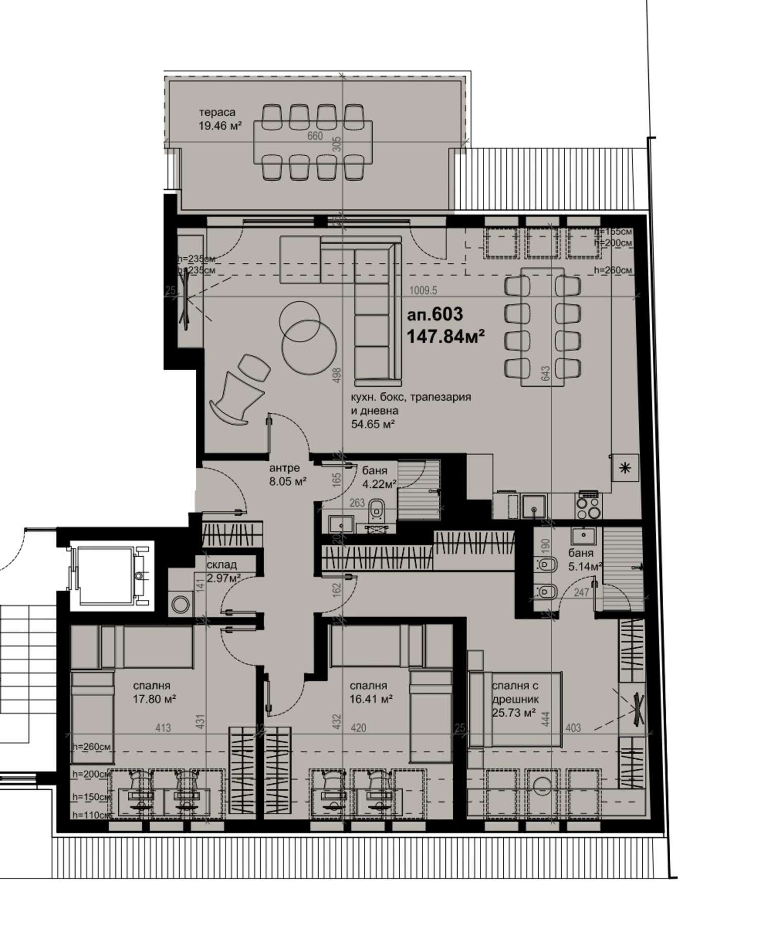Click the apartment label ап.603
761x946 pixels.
(435, 315)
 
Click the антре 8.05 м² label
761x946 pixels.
(287, 475)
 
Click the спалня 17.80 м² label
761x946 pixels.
(154, 692)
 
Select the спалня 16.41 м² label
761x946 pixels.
(371, 692)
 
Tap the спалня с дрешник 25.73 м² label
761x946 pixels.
(514, 699)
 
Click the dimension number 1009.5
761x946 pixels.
(423, 291)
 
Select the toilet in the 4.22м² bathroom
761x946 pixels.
(376, 510)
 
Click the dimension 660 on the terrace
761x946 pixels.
(315, 136)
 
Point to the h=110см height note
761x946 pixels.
(90, 815)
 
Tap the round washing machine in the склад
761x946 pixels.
(181, 604)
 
